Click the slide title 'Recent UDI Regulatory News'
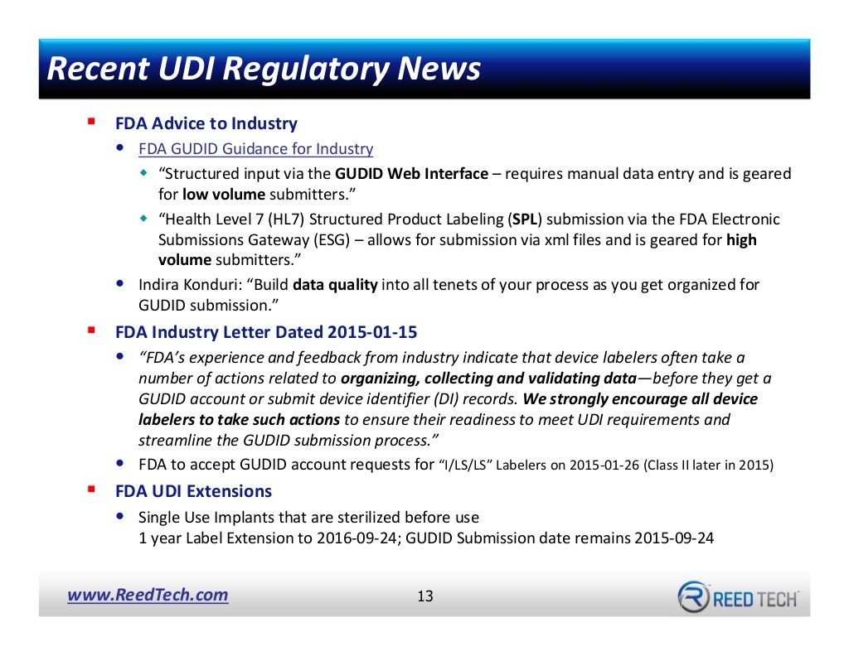(x=264, y=69)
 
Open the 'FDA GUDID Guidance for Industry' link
(x=255, y=149)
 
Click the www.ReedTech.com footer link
(x=148, y=595)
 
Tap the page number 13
(x=424, y=596)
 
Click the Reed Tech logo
(x=738, y=597)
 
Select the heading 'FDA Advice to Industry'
(x=206, y=123)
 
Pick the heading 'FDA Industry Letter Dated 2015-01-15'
(x=266, y=332)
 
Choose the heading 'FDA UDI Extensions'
(x=193, y=491)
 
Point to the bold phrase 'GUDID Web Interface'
(x=411, y=174)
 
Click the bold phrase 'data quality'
(x=335, y=285)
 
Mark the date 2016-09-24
(x=354, y=538)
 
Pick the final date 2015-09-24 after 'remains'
(x=673, y=538)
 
